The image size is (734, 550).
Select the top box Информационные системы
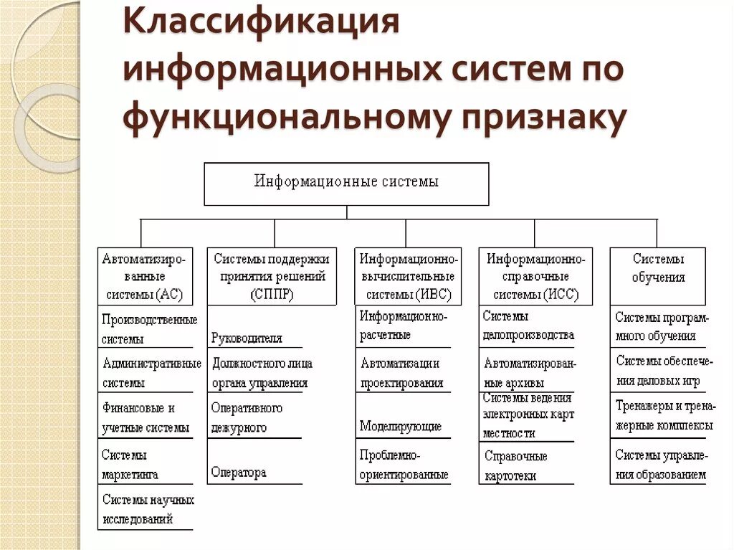(x=346, y=183)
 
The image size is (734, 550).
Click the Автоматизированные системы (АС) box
(x=146, y=276)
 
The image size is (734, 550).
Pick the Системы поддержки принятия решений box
(x=272, y=276)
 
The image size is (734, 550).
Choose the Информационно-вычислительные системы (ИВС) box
(x=408, y=276)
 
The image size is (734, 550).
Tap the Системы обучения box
(x=658, y=267)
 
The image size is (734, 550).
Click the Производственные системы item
(x=148, y=329)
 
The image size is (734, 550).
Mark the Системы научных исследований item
(x=148, y=509)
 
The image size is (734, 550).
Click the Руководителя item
(x=247, y=338)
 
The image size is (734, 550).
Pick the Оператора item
(x=239, y=473)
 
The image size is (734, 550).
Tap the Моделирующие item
(x=401, y=427)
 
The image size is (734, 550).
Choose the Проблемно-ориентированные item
(x=404, y=465)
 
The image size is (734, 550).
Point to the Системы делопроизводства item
(x=528, y=326)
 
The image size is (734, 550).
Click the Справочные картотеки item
(x=516, y=465)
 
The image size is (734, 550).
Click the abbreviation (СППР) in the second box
(x=272, y=294)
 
